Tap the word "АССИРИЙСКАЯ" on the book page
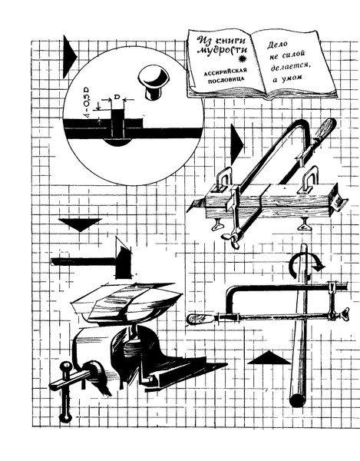(x=225, y=71)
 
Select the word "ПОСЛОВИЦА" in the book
(x=226, y=79)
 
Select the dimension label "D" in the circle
(x=117, y=97)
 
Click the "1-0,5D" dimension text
(x=88, y=103)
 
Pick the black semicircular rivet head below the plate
(x=117, y=142)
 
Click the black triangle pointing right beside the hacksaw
(x=236, y=144)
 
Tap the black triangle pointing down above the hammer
(x=80, y=224)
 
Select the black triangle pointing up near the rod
(x=269, y=358)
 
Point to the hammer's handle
(x=83, y=261)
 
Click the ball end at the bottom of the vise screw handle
(x=65, y=417)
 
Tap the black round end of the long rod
(x=298, y=400)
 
